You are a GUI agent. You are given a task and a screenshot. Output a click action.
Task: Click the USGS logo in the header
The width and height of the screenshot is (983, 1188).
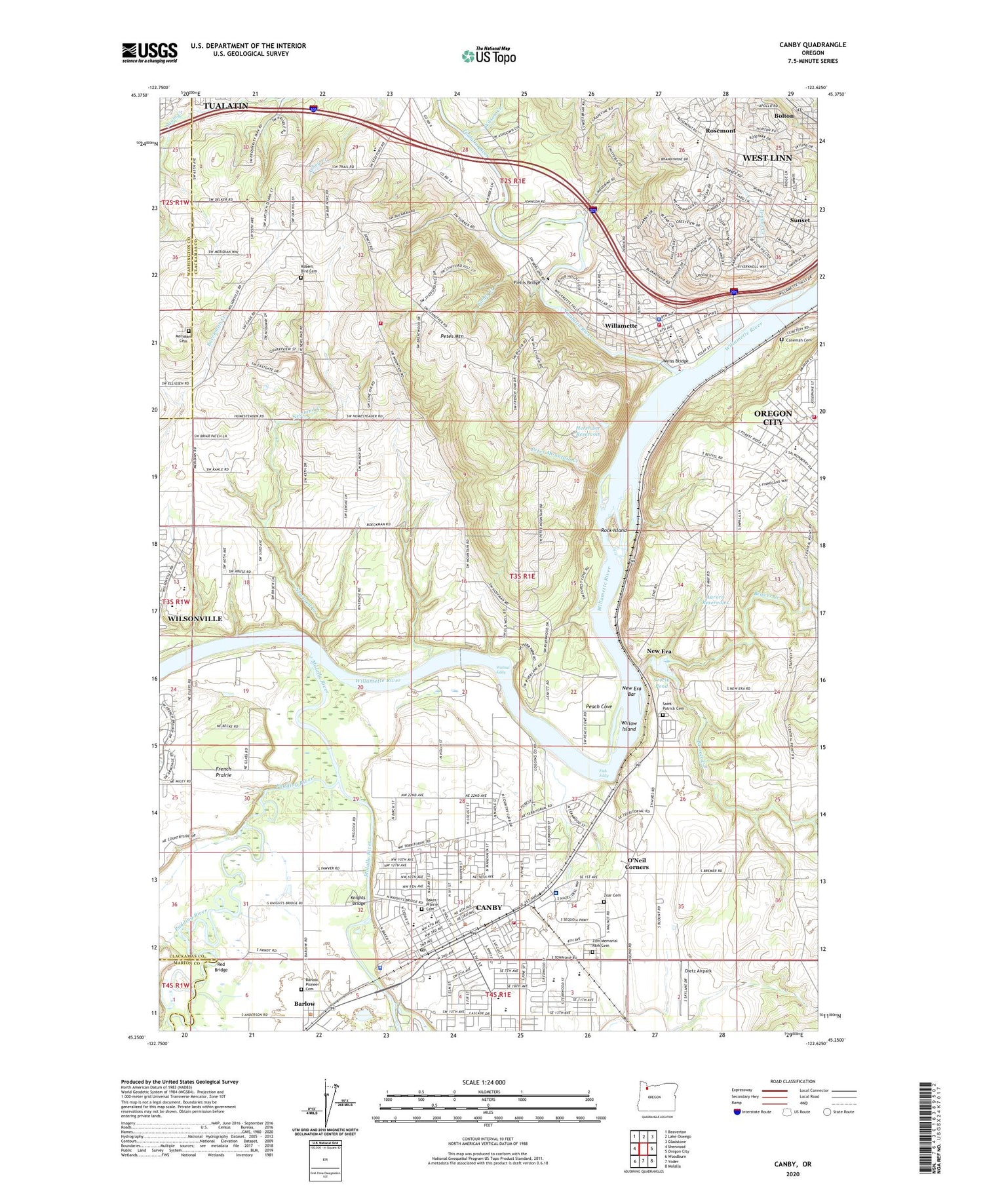[149, 52]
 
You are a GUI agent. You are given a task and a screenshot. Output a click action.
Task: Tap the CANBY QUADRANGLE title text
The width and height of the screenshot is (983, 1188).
[812, 45]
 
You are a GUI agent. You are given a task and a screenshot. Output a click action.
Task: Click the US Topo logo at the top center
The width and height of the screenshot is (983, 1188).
[488, 56]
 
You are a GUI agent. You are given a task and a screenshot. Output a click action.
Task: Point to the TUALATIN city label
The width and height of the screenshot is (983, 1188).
[225, 105]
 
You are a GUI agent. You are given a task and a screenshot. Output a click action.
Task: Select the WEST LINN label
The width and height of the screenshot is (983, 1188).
[767, 158]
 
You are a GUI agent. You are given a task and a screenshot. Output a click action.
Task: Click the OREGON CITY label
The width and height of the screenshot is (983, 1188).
[773, 417]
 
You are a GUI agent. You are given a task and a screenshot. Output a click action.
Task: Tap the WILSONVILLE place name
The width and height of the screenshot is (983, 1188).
[195, 619]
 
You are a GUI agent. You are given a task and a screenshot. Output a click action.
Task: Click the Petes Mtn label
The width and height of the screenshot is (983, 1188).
[451, 336]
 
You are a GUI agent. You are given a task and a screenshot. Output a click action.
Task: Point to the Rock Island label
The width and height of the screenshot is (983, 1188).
[614, 530]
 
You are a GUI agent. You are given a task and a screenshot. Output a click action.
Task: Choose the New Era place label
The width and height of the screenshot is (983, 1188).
[659, 651]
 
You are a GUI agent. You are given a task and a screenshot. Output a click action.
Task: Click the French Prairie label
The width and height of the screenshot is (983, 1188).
[223, 771]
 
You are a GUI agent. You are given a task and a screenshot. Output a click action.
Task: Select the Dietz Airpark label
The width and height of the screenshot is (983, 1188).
[698, 971]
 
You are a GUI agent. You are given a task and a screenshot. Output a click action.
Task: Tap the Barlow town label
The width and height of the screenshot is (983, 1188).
[304, 1004]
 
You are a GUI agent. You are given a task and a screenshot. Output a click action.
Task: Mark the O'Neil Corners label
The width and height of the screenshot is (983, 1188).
[636, 863]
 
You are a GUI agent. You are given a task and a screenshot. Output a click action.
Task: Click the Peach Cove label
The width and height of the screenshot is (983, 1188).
[598, 706]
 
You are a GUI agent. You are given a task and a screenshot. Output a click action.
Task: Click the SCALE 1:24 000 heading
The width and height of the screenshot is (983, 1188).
[488, 1082]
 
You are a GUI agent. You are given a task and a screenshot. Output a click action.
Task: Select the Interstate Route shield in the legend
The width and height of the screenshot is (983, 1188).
[737, 1112]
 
